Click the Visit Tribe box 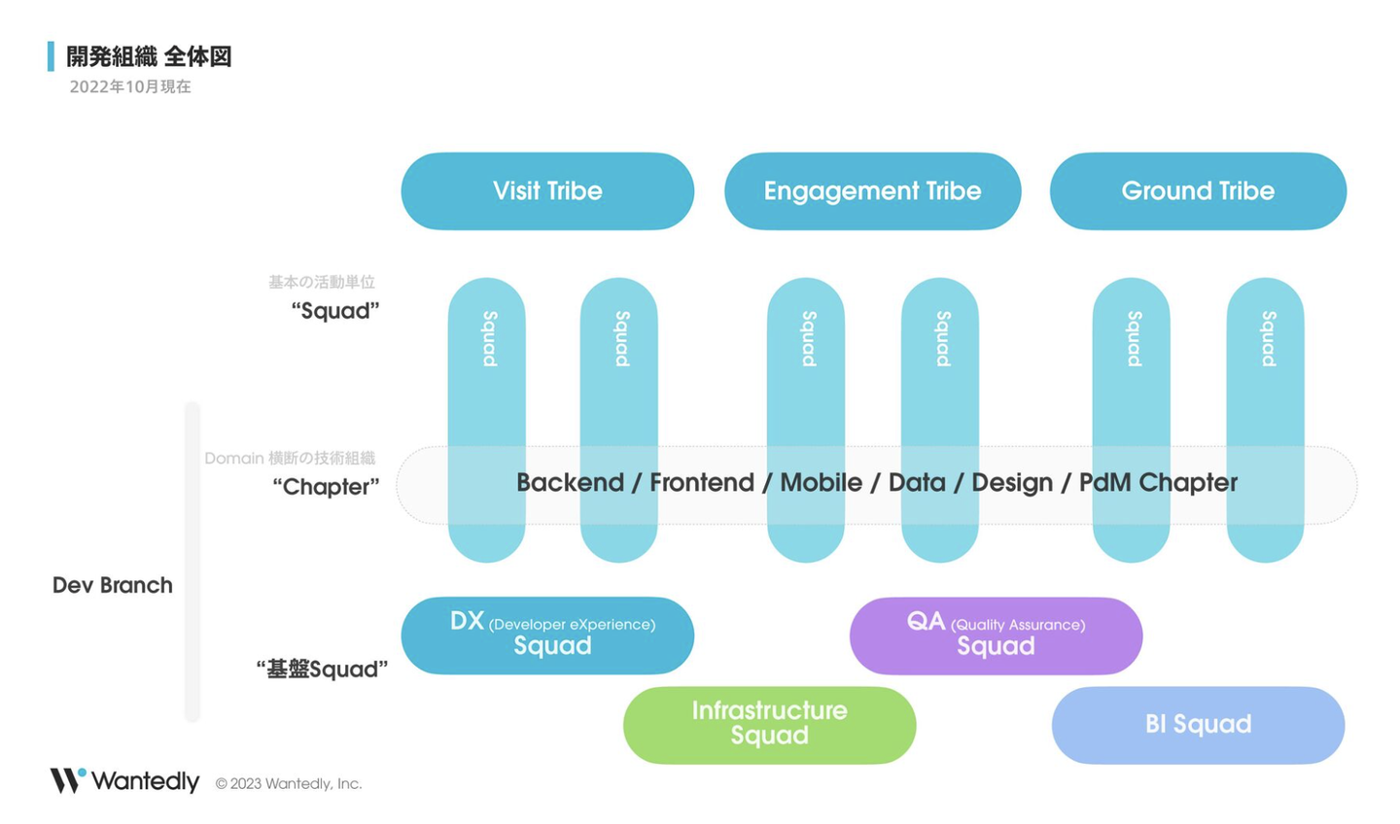coord(547,191)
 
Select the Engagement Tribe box coord(872,191)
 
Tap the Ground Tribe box coord(1198,191)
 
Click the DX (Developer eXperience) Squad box coord(547,635)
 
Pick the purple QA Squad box coord(996,635)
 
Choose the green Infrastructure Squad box coord(769,725)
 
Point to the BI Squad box coord(1198,725)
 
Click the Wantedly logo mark coord(68,780)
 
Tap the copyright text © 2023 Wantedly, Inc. coord(289,784)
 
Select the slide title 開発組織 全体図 coord(149,56)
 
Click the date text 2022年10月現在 coord(130,86)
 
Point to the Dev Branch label coord(112,585)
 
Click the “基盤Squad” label coord(322,669)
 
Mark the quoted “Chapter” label coord(326,487)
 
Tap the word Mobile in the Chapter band coord(821,483)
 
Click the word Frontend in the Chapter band coord(702,483)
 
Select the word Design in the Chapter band coord(1012,483)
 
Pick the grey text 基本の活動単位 coord(322,282)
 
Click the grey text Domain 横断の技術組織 coord(290,458)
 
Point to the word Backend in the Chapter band coord(570,483)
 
